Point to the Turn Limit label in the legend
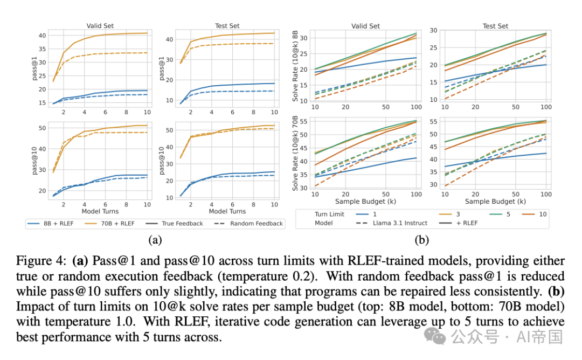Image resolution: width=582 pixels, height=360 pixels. pyautogui.click(x=329, y=214)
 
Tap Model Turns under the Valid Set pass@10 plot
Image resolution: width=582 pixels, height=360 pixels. pyautogui.click(x=100, y=211)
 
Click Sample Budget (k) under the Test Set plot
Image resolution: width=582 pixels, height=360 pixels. pyautogui.click(x=495, y=202)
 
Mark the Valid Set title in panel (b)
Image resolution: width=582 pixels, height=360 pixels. pyautogui.click(x=366, y=26)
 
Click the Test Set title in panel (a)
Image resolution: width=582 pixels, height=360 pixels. pyautogui.click(x=227, y=26)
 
